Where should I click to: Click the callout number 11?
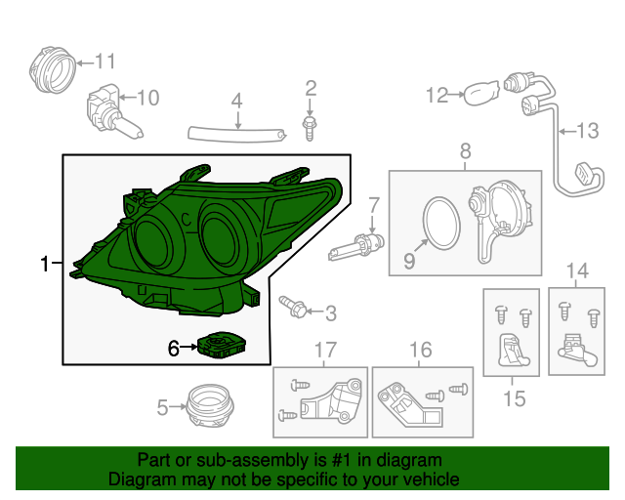(x=104, y=61)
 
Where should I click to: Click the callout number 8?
(x=465, y=150)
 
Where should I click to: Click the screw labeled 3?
(x=292, y=310)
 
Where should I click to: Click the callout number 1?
(x=44, y=264)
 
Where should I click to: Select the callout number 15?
(x=514, y=397)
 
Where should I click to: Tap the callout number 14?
(x=577, y=271)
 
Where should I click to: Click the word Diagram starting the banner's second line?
(x=141, y=479)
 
